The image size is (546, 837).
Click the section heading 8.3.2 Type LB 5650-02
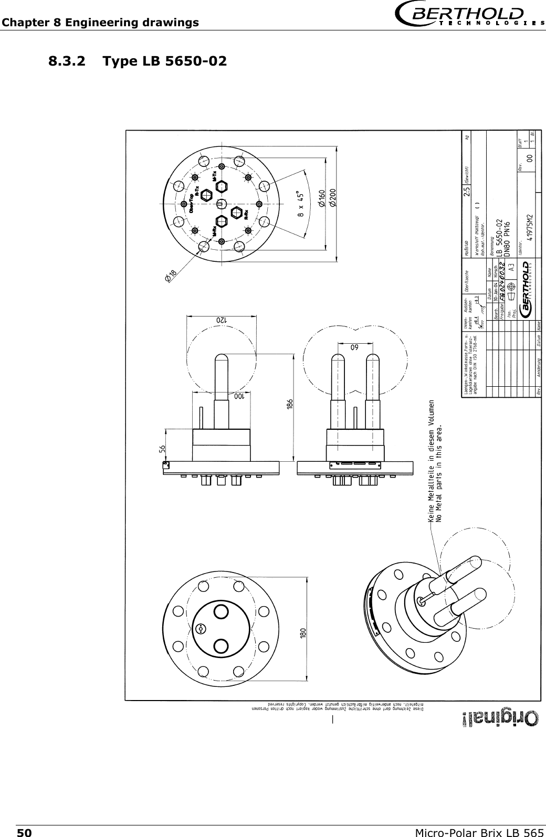click(x=138, y=61)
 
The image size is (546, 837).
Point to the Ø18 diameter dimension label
click(x=171, y=275)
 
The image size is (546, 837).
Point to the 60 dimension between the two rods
click(x=355, y=347)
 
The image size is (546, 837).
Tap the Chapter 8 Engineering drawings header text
click(x=100, y=23)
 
